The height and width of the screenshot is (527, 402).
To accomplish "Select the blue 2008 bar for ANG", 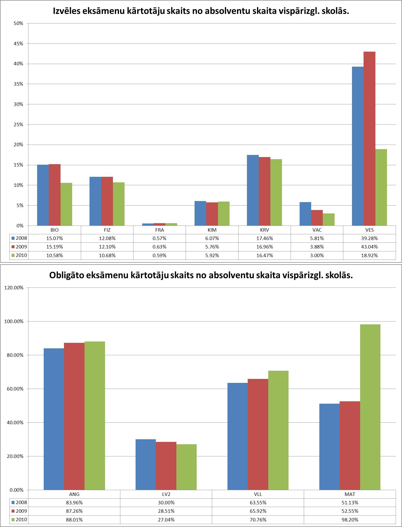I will [54, 419].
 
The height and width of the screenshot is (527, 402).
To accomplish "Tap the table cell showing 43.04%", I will [369, 247].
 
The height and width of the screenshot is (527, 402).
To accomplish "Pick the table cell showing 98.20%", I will [350, 520].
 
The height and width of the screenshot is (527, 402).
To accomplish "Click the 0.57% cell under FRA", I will [160, 238].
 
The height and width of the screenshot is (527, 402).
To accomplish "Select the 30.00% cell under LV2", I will [166, 502].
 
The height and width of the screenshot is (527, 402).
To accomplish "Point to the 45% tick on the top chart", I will [18, 44].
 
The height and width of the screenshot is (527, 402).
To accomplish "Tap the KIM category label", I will [212, 230].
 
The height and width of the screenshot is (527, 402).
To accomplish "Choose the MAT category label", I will [350, 494].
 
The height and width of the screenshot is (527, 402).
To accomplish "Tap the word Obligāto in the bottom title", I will [66, 275].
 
